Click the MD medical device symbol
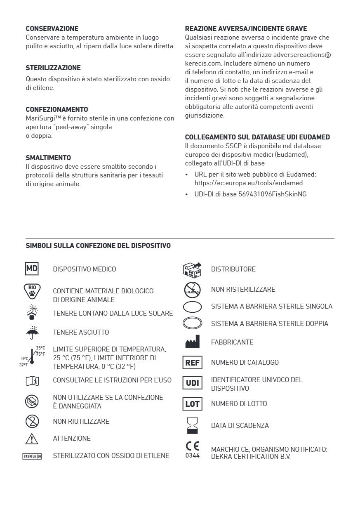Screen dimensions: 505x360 pyautogui.click(x=32, y=269)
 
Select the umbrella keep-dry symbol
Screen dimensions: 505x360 pyautogui.click(x=32, y=332)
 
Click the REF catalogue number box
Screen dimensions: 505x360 pyautogui.click(x=192, y=363)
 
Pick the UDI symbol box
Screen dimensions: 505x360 pyautogui.click(x=192, y=383)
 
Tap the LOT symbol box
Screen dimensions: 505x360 pyautogui.click(x=192, y=404)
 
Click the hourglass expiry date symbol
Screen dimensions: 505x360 pyautogui.click(x=192, y=425)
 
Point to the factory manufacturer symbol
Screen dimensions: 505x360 pyautogui.click(x=192, y=342)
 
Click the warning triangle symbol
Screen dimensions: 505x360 pyautogui.click(x=32, y=439)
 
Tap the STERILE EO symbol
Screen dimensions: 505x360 pyautogui.click(x=32, y=456)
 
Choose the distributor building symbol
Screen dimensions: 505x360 pyautogui.click(x=192, y=269)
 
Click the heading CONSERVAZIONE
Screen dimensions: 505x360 pyautogui.click(x=52, y=29)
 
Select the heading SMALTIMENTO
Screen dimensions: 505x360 pyautogui.click(x=48, y=158)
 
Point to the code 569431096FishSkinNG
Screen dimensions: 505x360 pyautogui.click(x=272, y=194)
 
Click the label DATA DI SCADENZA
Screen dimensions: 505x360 pyautogui.click(x=240, y=425)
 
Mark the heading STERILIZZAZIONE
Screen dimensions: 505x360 pyautogui.click(x=53, y=68)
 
